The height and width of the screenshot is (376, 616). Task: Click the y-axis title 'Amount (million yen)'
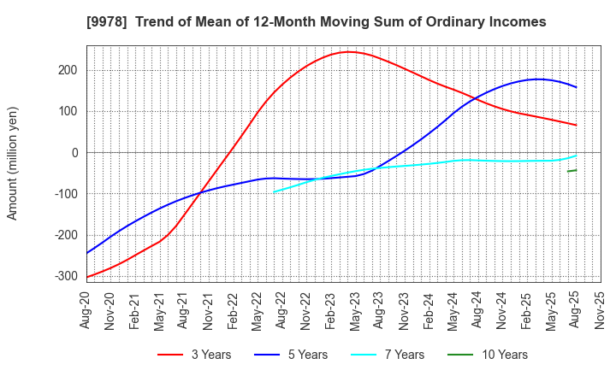pos(13,163)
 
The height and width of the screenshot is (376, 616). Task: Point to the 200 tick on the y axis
pos(68,70)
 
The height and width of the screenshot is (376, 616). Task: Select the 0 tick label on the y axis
pos(74,153)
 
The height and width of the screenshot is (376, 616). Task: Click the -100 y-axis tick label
pos(65,194)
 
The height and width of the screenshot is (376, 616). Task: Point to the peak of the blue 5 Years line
pos(537,79)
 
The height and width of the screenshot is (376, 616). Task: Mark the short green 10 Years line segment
pos(572,171)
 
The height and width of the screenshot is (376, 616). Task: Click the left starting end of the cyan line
pos(274,191)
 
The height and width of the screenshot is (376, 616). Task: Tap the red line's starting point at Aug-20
pos(87,276)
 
